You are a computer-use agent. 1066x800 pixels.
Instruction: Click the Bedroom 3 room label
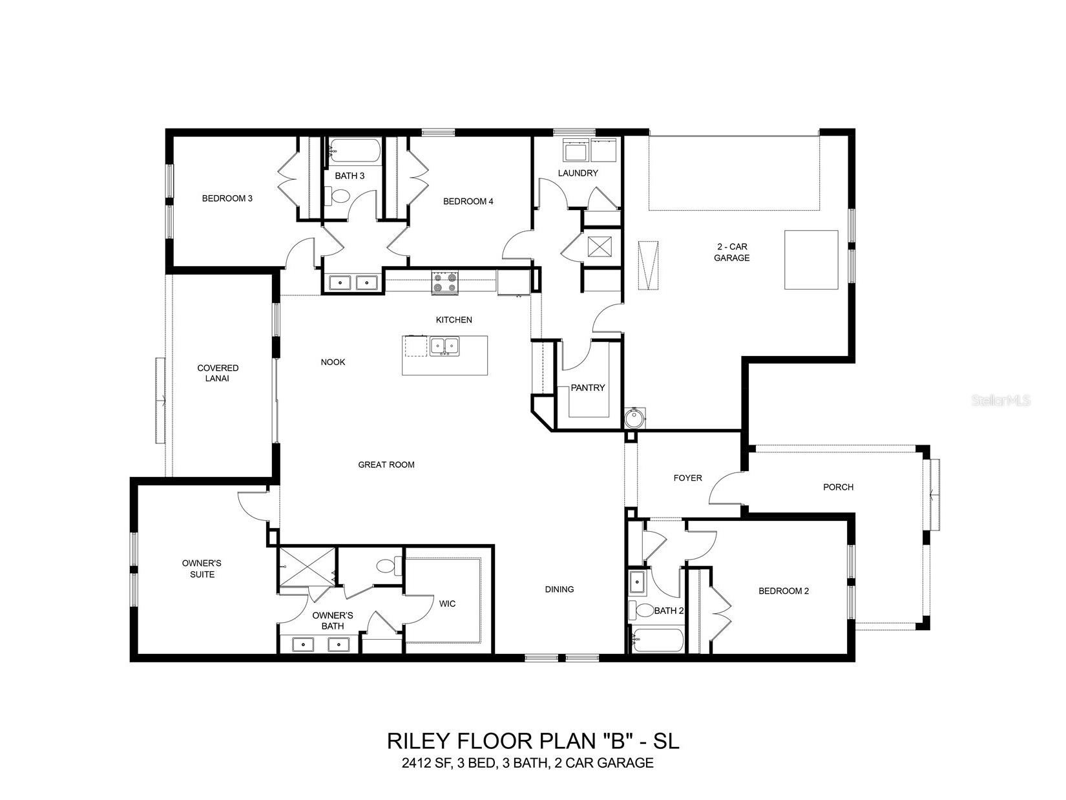(227, 198)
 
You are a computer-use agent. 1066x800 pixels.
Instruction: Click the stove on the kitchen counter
(444, 282)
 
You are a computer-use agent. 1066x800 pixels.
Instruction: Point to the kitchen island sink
(444, 346)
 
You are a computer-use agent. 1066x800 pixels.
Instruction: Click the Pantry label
(588, 388)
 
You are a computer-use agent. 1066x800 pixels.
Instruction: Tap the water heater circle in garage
(634, 418)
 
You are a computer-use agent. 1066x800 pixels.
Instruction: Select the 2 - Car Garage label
(732, 252)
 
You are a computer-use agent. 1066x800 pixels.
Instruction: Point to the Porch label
(838, 487)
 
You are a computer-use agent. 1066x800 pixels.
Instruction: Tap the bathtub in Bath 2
(657, 640)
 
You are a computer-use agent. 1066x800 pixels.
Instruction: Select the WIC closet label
(447, 604)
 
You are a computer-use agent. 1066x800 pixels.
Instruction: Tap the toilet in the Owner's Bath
(388, 566)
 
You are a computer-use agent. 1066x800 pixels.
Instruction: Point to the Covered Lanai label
(218, 373)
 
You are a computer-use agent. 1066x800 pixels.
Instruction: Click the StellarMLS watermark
(1001, 401)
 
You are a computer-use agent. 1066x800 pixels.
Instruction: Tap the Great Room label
(386, 465)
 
